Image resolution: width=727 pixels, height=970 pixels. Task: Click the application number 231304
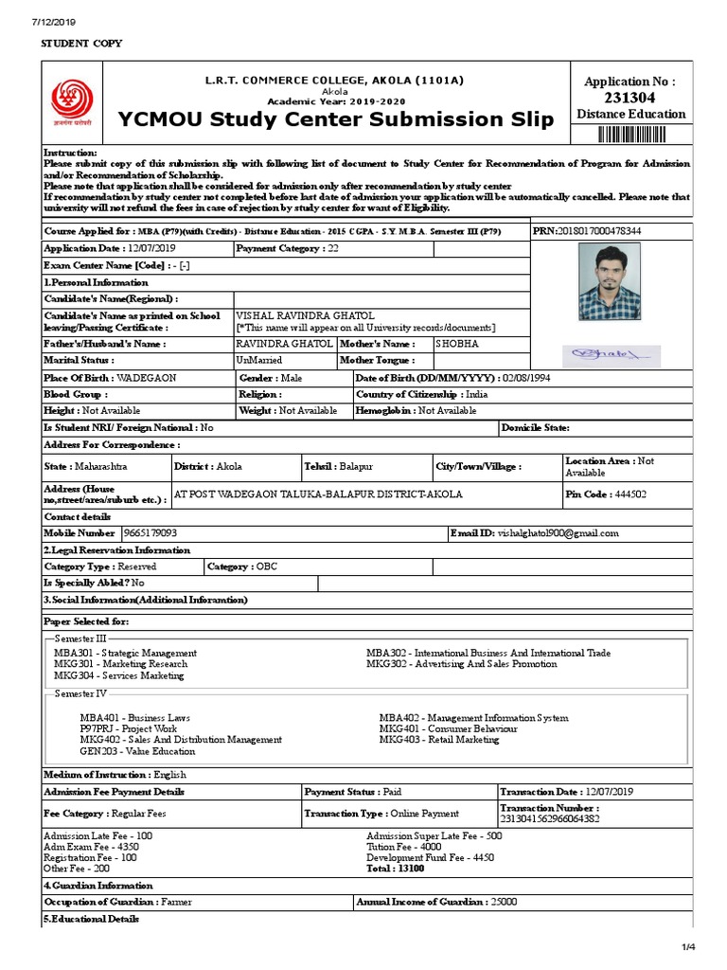coord(630,98)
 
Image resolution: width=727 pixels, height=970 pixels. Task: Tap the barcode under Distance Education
coord(631,132)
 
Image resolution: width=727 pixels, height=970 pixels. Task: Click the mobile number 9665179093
coord(150,533)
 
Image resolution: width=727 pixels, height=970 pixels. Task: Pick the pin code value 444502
coord(631,494)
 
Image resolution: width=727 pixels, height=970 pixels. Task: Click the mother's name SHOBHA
coord(457,343)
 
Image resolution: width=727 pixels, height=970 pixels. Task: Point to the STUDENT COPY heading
coord(80,44)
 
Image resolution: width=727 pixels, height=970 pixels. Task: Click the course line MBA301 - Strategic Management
coord(126,654)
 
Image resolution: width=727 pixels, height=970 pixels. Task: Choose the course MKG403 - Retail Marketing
coord(439,740)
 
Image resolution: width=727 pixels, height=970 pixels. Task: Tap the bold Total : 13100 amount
coord(396,868)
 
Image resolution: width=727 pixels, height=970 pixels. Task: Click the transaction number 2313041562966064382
coord(550,818)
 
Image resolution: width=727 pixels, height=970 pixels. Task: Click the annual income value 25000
coord(504,902)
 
